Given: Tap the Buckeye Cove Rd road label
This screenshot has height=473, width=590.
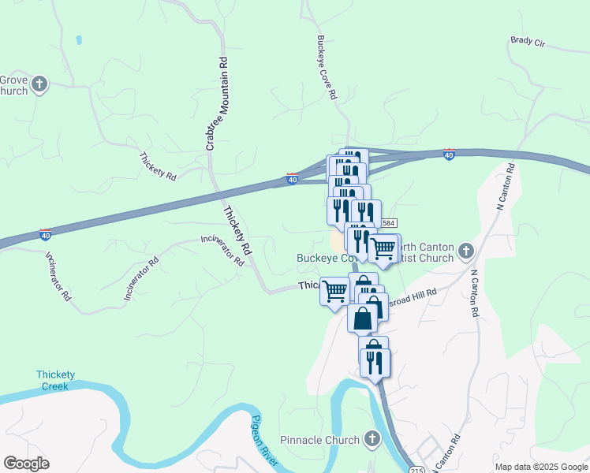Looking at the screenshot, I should (327, 66).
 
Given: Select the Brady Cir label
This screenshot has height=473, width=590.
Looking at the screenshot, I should (528, 42).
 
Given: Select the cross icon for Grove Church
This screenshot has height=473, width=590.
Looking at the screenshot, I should (40, 84).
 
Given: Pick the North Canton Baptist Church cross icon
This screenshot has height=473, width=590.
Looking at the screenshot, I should (466, 251).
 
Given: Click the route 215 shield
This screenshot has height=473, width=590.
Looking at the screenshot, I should (416, 470).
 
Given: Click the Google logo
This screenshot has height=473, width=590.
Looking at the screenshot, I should (26, 464).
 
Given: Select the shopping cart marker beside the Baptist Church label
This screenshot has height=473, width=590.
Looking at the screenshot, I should (383, 248).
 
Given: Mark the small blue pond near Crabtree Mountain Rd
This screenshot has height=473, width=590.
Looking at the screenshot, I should (78, 39).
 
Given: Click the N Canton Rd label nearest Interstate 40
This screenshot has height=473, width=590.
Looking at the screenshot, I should (506, 186).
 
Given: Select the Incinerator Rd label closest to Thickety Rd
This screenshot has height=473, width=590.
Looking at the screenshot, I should (222, 251).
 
